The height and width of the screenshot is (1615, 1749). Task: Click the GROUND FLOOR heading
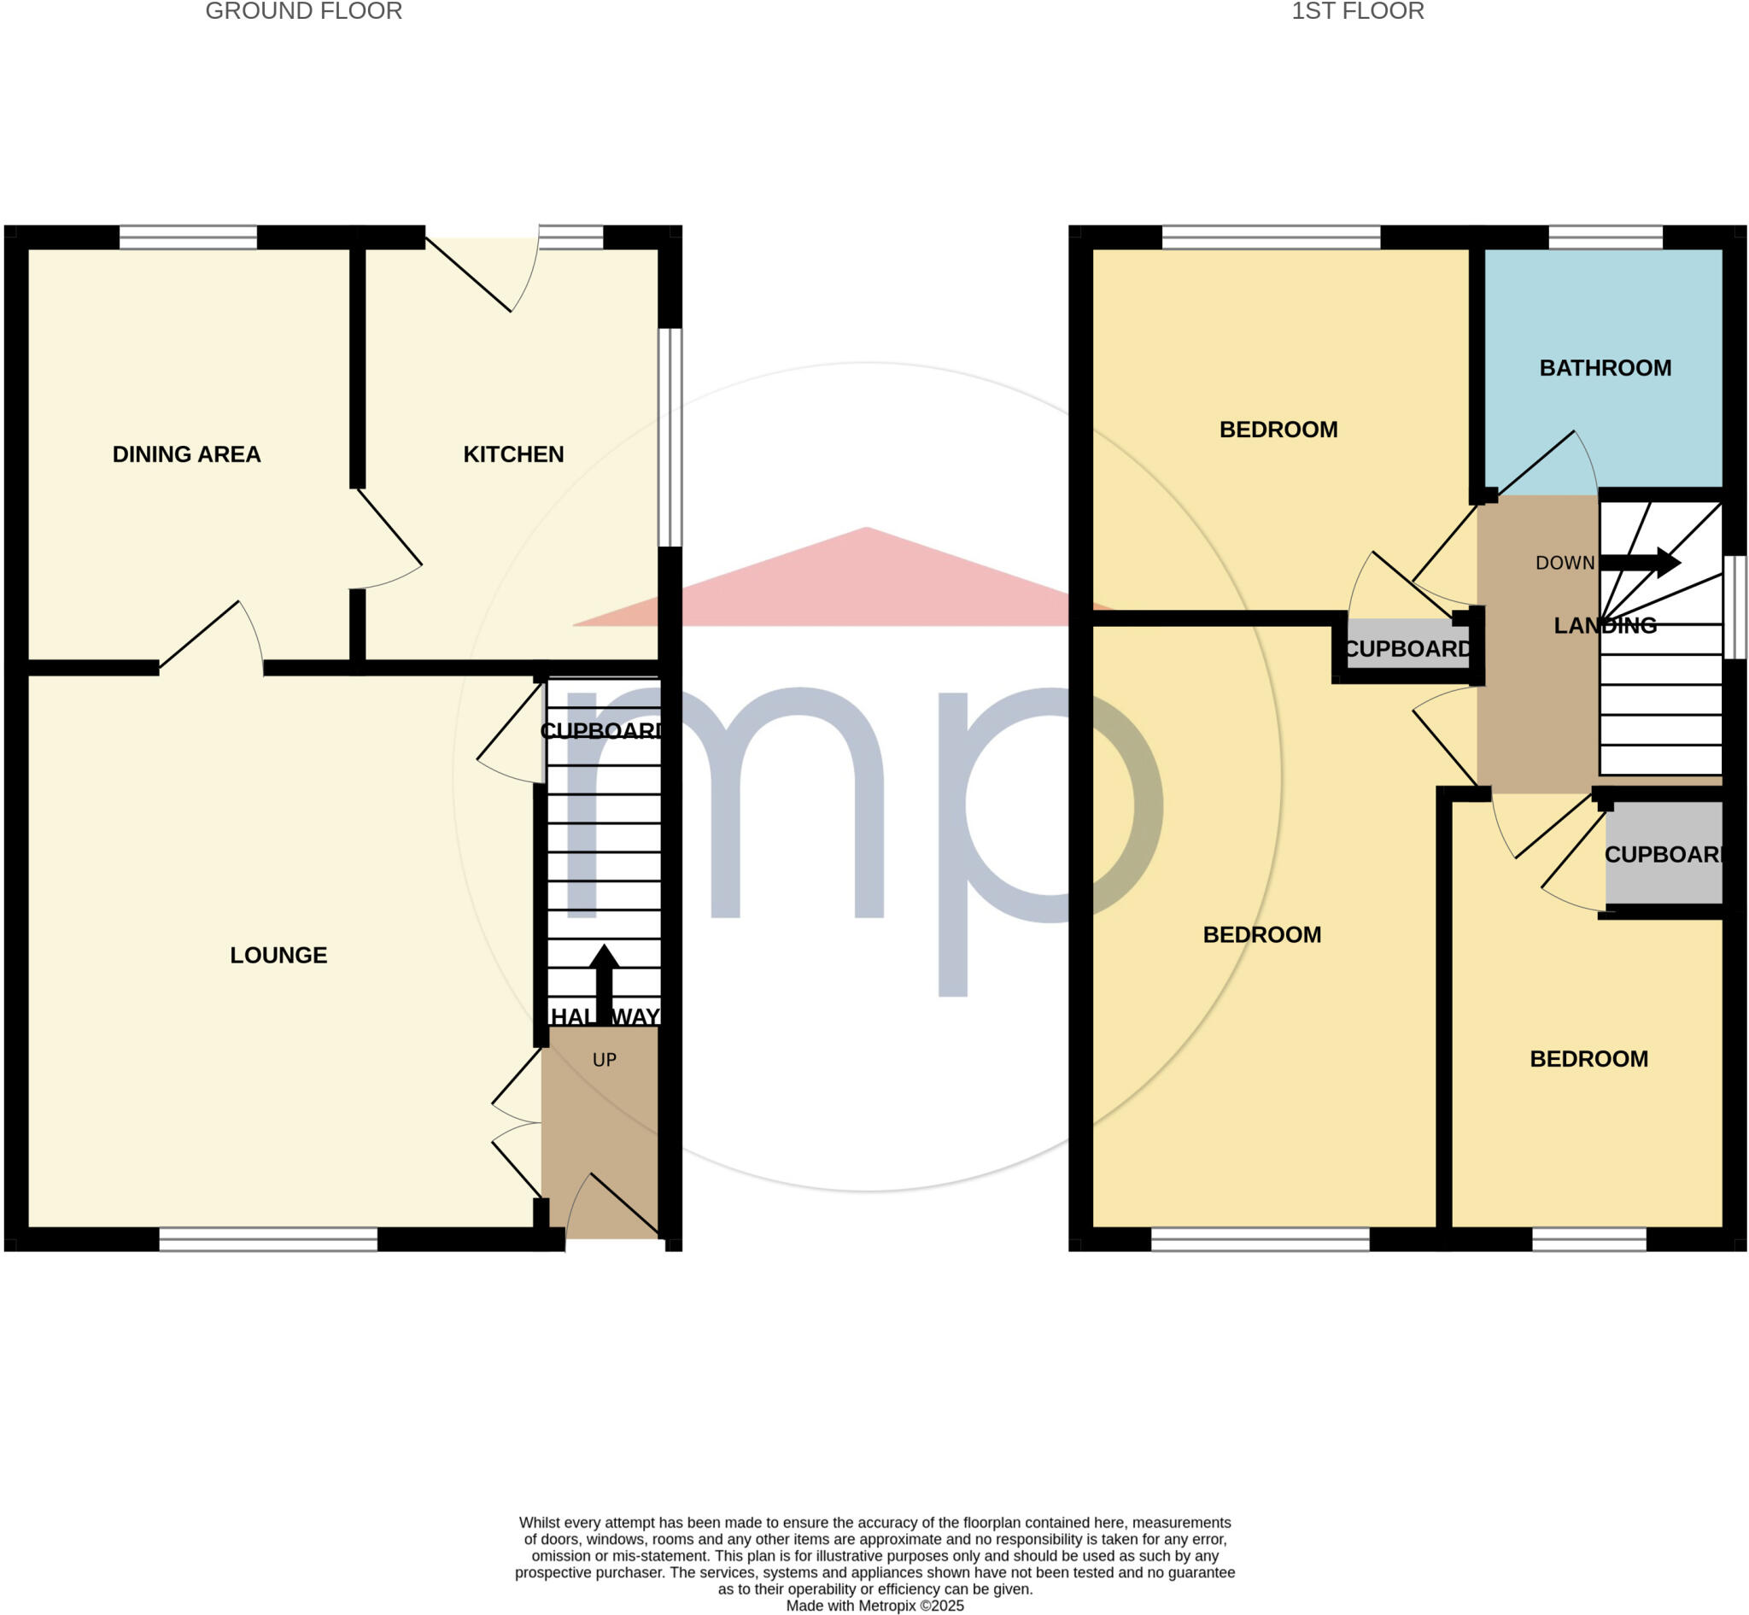coord(303,11)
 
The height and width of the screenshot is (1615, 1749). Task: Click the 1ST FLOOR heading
coord(1357,11)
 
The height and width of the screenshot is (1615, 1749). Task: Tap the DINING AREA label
coord(186,454)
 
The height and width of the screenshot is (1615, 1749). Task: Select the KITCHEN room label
coord(513,454)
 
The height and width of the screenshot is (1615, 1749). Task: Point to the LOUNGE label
coord(278,955)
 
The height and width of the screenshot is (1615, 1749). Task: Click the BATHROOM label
coord(1605,368)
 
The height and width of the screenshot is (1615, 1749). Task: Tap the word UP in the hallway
coord(604,1060)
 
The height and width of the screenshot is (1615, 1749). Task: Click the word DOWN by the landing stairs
coord(1565,564)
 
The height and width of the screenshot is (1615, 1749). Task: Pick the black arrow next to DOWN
coord(1641,563)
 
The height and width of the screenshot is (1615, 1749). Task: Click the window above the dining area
coord(188,237)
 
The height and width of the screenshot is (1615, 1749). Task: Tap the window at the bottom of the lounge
coord(267,1239)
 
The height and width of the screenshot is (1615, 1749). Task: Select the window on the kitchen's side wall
coord(670,437)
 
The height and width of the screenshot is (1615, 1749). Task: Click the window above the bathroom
coord(1605,237)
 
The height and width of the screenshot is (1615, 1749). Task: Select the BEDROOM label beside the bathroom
coord(1278,430)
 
